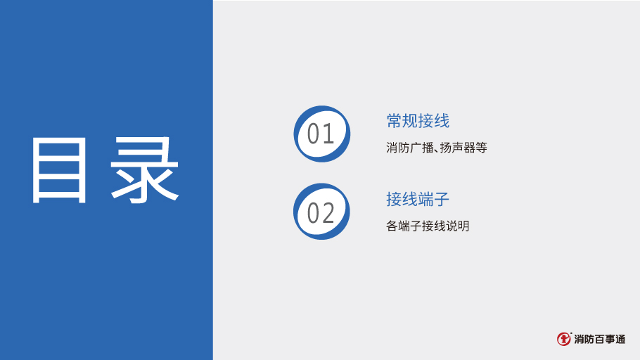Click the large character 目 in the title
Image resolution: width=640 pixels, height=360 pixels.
pyautogui.click(x=59, y=169)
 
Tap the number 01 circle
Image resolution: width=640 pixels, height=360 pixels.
pyautogui.click(x=321, y=134)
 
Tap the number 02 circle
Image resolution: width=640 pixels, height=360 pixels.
pyautogui.click(x=321, y=212)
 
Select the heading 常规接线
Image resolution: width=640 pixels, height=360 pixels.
pyautogui.click(x=418, y=121)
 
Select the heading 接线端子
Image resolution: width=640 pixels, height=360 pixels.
pyautogui.click(x=418, y=199)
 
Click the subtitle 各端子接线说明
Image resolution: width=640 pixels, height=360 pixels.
pyautogui.click(x=428, y=226)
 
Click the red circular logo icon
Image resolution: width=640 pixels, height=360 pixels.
pyautogui.click(x=563, y=339)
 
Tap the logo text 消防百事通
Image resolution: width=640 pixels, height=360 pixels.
pyautogui.click(x=600, y=339)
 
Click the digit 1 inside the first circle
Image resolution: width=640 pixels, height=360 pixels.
pyautogui.click(x=329, y=134)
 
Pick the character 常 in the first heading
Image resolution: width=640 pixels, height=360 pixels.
pyautogui.click(x=395, y=121)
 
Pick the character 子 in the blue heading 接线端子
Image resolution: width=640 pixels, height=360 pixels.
pyautogui.click(x=442, y=199)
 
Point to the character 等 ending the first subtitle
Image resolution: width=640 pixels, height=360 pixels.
pyautogui.click(x=482, y=148)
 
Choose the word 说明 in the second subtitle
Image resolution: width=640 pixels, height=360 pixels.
pyautogui.click(x=458, y=226)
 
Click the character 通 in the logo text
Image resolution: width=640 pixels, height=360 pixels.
pyautogui.click(x=620, y=339)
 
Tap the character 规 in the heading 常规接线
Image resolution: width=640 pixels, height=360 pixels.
pyautogui.click(x=410, y=121)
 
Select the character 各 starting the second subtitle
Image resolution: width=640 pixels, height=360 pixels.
pyautogui.click(x=392, y=226)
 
